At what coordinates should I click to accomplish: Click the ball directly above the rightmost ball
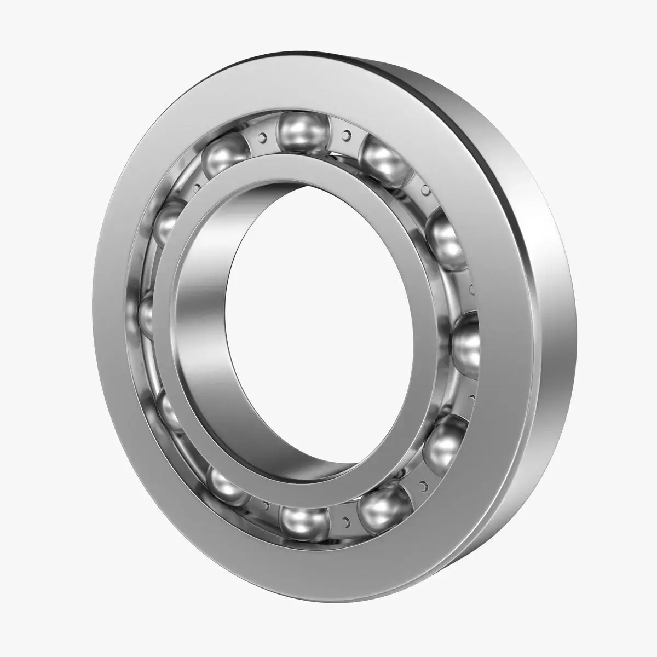pos(446,239)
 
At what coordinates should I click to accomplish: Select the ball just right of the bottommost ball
pos(383,504)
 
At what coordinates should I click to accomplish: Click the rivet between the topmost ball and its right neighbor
pos(346,132)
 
